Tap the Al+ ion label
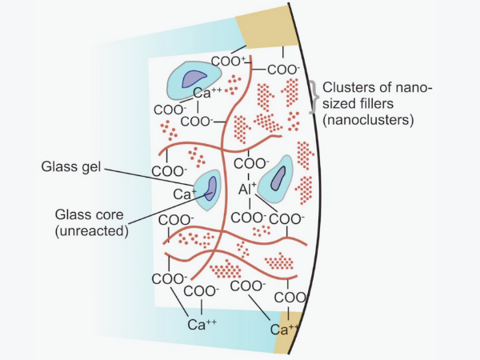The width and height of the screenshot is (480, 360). (x=247, y=190)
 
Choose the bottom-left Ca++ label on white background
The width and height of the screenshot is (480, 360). (x=202, y=324)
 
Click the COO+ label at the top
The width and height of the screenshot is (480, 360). (x=227, y=62)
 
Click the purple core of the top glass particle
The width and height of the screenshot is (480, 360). (x=194, y=78)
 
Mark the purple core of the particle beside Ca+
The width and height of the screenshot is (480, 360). (x=210, y=187)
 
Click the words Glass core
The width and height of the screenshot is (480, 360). (x=86, y=215)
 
